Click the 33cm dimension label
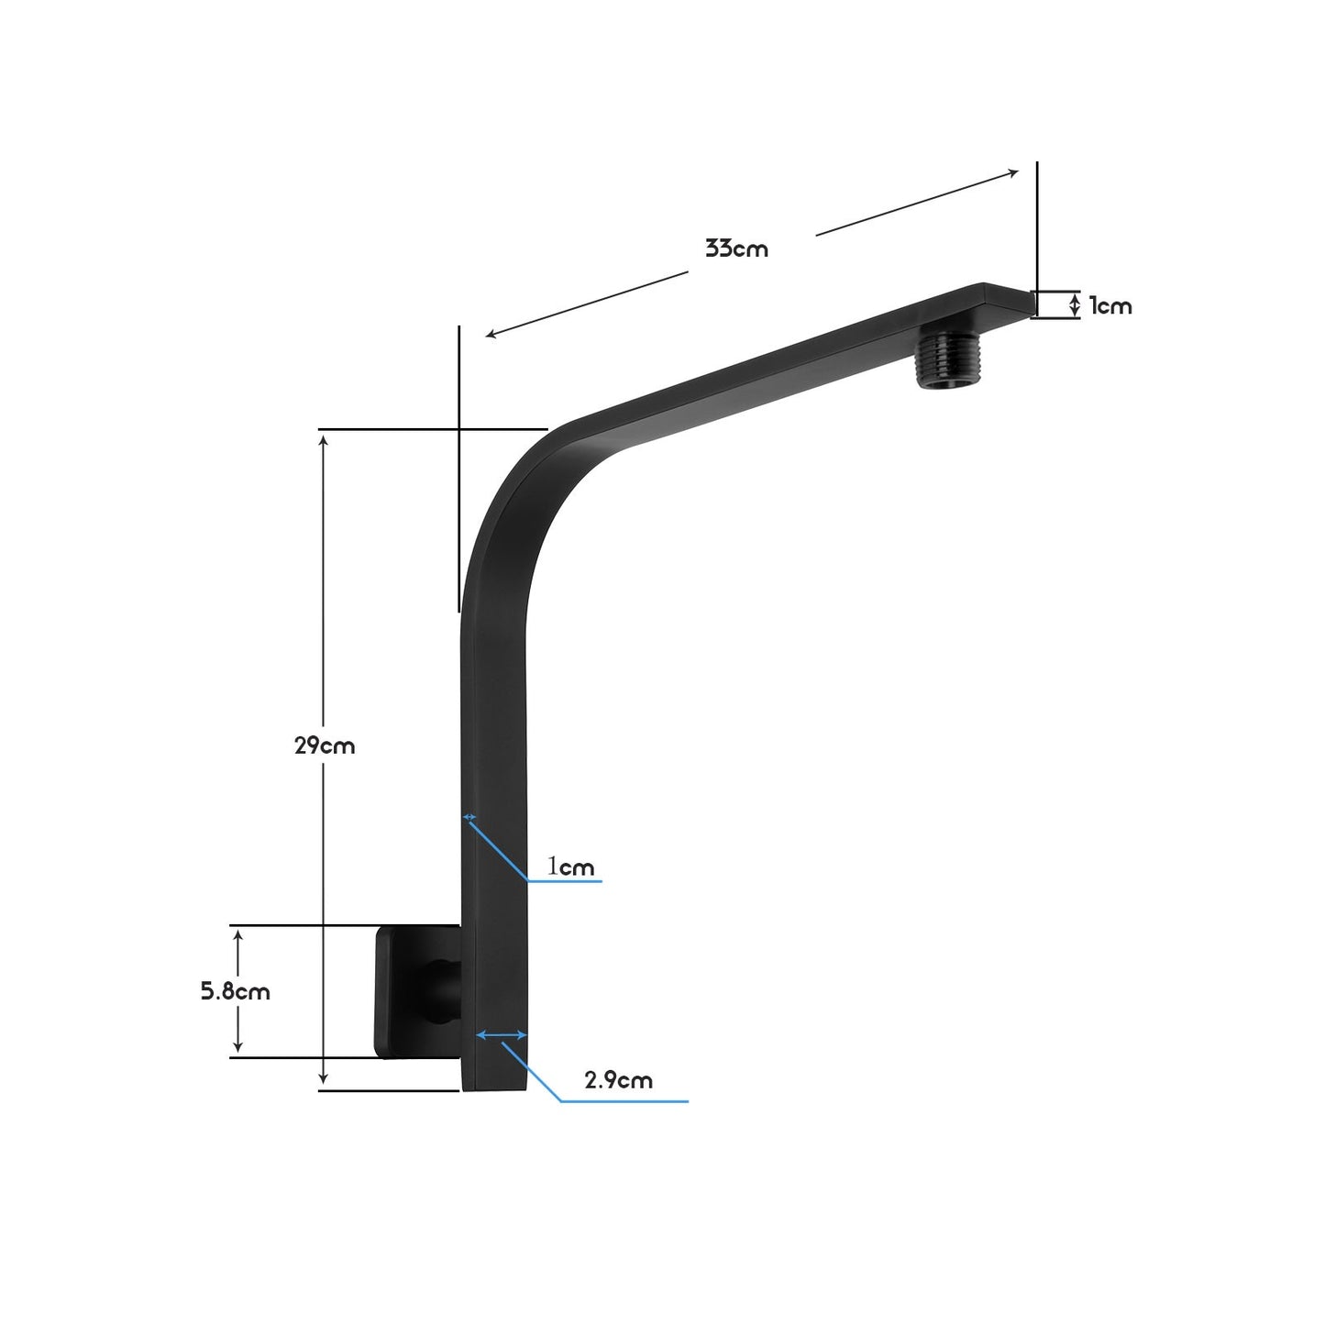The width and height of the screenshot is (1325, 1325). tap(736, 248)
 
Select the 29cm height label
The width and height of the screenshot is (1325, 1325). tap(325, 745)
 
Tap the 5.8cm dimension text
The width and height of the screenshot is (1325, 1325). tap(236, 991)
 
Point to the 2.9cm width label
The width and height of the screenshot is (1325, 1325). tap(619, 1080)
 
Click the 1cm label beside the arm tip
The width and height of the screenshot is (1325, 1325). tap(1110, 306)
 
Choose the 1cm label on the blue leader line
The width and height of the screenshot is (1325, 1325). tap(571, 867)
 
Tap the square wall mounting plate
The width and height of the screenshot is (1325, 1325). tap(403, 990)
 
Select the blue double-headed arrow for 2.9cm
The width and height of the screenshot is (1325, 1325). tap(502, 1035)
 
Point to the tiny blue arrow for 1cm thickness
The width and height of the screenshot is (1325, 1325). tap(469, 816)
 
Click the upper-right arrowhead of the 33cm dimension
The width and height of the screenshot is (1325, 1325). tap(1013, 171)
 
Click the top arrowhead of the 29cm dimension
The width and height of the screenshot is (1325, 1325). tap(323, 439)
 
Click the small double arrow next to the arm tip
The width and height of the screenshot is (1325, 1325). tap(1075, 305)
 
